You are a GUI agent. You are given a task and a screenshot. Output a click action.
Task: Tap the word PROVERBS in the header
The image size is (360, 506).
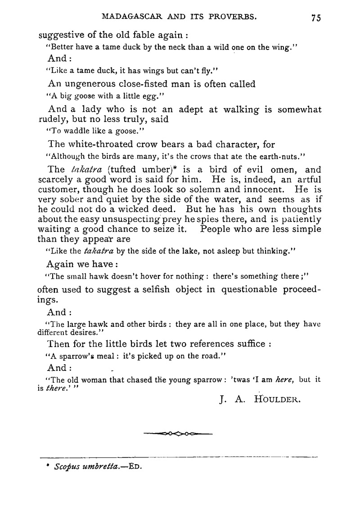coord(234,17)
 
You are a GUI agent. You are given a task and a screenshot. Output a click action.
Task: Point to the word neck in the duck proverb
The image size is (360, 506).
coord(175,47)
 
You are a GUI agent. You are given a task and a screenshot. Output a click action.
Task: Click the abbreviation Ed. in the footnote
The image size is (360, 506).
coord(135,467)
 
